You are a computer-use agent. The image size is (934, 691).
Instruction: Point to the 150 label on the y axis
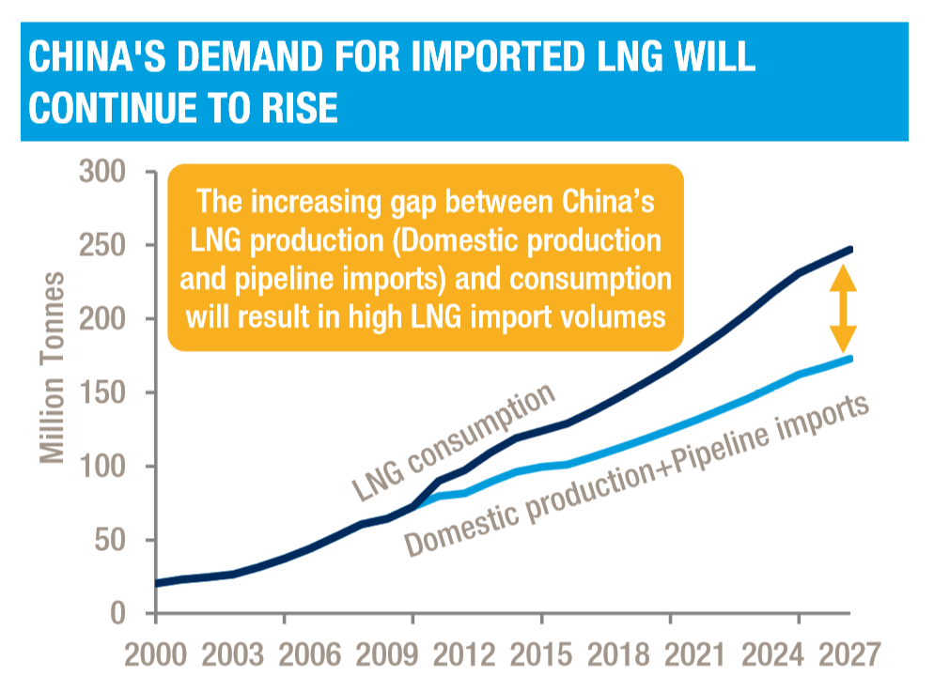click(x=105, y=393)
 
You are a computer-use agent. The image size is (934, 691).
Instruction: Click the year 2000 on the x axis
click(x=156, y=653)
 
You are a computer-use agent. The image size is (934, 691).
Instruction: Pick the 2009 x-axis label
click(x=413, y=653)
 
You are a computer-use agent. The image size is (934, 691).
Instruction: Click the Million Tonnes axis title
click(x=54, y=366)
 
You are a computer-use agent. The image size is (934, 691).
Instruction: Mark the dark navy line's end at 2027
click(x=850, y=250)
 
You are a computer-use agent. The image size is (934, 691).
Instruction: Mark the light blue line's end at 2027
click(x=850, y=358)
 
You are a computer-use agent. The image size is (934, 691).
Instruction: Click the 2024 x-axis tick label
click(x=798, y=653)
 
